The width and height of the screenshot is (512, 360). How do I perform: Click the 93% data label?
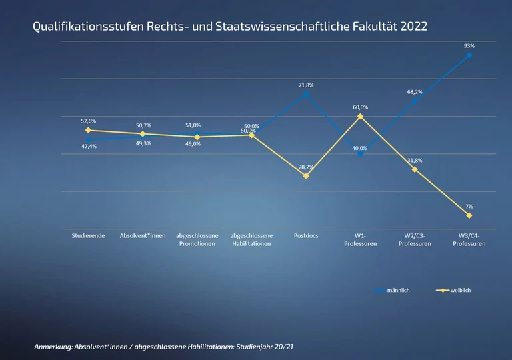point(469,46)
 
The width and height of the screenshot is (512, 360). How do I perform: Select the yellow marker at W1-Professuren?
point(360,117)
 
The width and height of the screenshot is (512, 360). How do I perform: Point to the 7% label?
point(469,207)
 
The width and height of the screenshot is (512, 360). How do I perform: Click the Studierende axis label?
point(88,235)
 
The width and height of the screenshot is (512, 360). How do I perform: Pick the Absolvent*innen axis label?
point(143,235)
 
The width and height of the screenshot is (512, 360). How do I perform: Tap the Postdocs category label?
point(306,235)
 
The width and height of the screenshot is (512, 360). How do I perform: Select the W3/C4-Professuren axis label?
point(469,239)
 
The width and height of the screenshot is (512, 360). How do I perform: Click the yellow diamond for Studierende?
point(88,130)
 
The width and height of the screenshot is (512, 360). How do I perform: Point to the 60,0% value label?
point(360,107)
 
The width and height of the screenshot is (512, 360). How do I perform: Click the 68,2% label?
point(415,92)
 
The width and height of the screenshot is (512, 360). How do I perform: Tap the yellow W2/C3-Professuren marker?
point(415,169)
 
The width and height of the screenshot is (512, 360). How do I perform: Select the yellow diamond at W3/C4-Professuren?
point(469,215)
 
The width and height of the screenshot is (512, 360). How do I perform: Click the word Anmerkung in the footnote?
point(55,347)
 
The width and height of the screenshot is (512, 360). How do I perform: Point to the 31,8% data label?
point(415,161)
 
